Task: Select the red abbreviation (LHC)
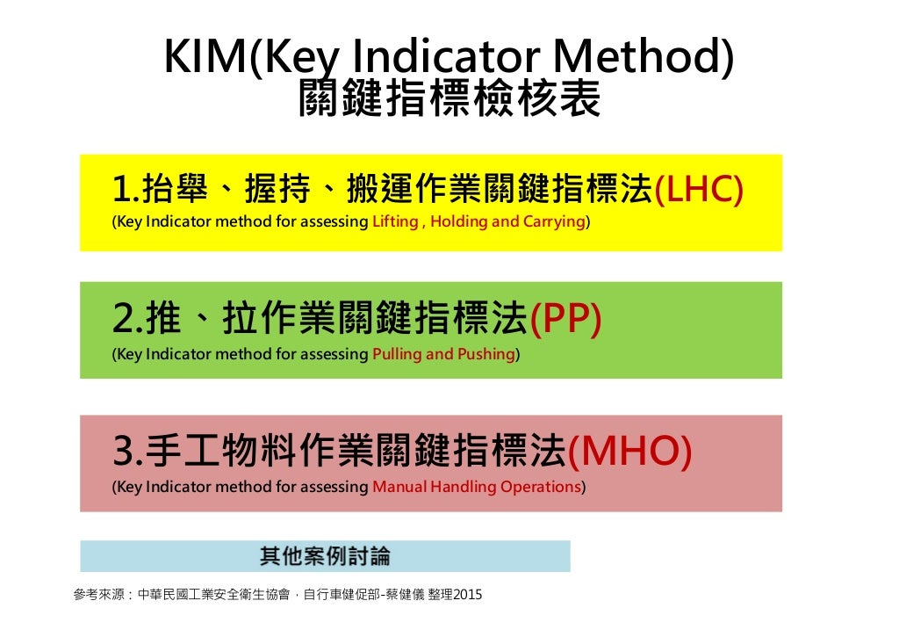[700, 188]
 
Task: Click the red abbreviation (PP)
[565, 320]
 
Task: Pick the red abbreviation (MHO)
[629, 452]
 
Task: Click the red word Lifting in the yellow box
[395, 221]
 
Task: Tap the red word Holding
[459, 221]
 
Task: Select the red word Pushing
[487, 354]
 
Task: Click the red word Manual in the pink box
[396, 487]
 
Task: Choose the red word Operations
[540, 487]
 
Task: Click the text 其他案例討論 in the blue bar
[325, 556]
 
